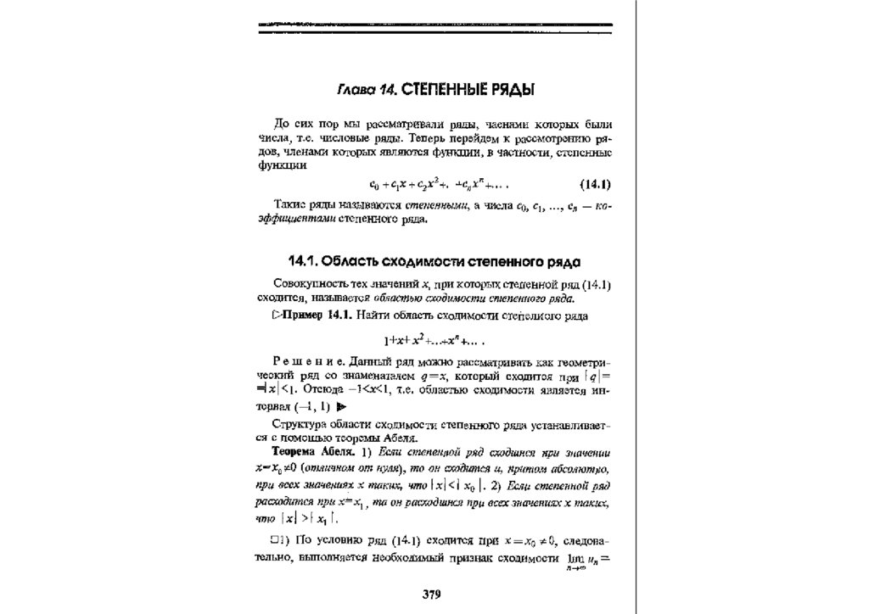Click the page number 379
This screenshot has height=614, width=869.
pos(433,593)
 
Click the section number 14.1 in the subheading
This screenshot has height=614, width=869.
pos(306,260)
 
